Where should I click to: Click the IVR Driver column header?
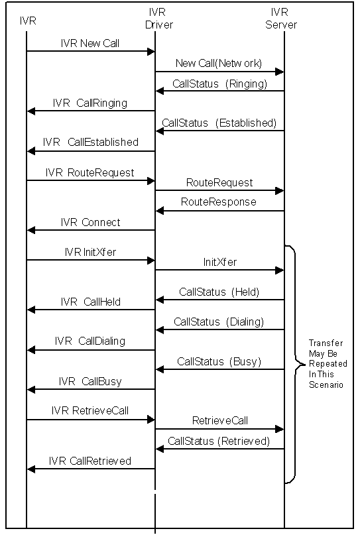tap(158, 19)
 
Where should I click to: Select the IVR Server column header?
tap(281, 19)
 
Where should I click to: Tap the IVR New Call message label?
tap(90, 44)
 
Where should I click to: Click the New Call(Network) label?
tap(219, 64)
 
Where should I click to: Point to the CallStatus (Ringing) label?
tap(219, 84)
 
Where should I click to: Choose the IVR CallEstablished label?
tap(91, 142)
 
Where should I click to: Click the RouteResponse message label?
tap(219, 202)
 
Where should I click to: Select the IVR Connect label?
tap(90, 223)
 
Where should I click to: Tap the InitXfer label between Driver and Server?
tap(220, 263)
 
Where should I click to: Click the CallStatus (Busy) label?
tap(219, 362)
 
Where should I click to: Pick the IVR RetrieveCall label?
tap(90, 410)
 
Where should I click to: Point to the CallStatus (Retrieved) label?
tap(219, 441)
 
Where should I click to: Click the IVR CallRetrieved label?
tap(90, 461)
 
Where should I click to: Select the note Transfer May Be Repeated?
tap(328, 364)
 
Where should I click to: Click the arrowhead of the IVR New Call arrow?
tap(150, 51)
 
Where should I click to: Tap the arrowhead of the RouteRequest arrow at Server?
tap(280, 190)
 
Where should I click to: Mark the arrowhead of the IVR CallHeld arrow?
tap(30, 310)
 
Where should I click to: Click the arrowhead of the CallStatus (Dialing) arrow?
tap(160, 329)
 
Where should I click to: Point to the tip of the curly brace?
tap(304, 365)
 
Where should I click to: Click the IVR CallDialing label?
tap(90, 341)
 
